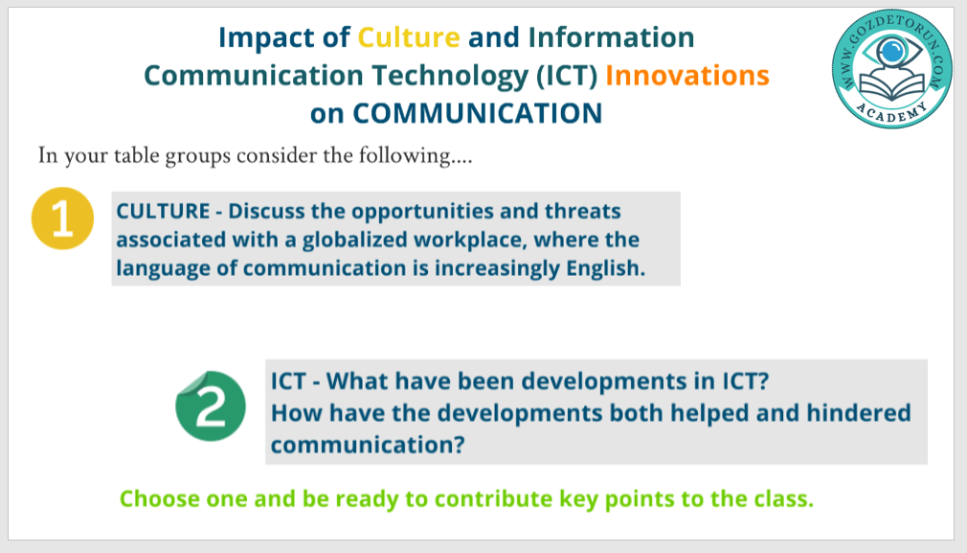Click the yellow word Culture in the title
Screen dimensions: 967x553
tap(409, 37)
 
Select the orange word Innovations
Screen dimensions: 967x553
tap(687, 76)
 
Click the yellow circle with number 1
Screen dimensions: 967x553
tap(62, 219)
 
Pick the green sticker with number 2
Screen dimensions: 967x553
tap(211, 405)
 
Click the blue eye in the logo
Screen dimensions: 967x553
tap(891, 52)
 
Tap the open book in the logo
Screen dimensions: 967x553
tap(891, 86)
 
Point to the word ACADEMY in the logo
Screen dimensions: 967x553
tap(891, 112)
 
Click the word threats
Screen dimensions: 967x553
tap(582, 211)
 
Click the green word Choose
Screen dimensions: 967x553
tap(160, 498)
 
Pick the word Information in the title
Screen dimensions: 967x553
tap(611, 37)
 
